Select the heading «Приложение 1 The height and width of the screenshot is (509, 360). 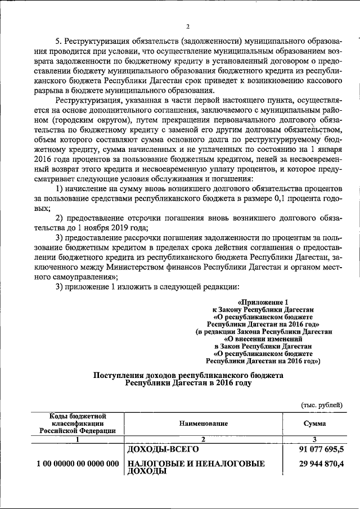[263, 302]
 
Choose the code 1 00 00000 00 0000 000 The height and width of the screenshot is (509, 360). [78, 464]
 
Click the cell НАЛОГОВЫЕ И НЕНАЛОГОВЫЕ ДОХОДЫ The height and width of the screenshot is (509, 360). [196, 468]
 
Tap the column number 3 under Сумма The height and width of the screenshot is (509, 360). [314, 439]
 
